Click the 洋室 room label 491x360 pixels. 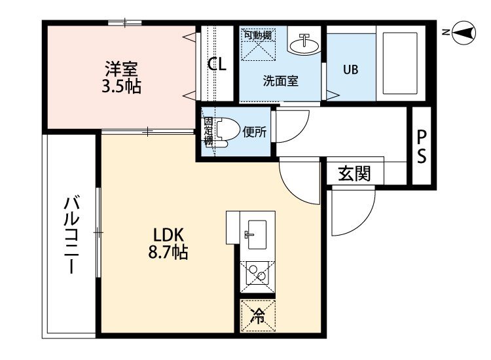point(121,69)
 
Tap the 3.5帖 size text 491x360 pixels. point(121,86)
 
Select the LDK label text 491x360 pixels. point(168,235)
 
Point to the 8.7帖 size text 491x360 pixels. point(168,252)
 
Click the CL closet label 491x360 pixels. point(217,64)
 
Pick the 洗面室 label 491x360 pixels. point(280,81)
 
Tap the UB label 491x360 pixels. point(350,69)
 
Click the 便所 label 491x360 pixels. point(255,132)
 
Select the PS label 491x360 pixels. point(422,147)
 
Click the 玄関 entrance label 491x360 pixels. point(354,173)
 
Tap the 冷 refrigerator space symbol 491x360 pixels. point(258,316)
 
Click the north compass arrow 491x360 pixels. point(463,32)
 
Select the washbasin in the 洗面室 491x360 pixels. point(304,45)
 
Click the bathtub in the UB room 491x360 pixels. point(400,63)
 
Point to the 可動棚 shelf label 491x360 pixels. point(258,35)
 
